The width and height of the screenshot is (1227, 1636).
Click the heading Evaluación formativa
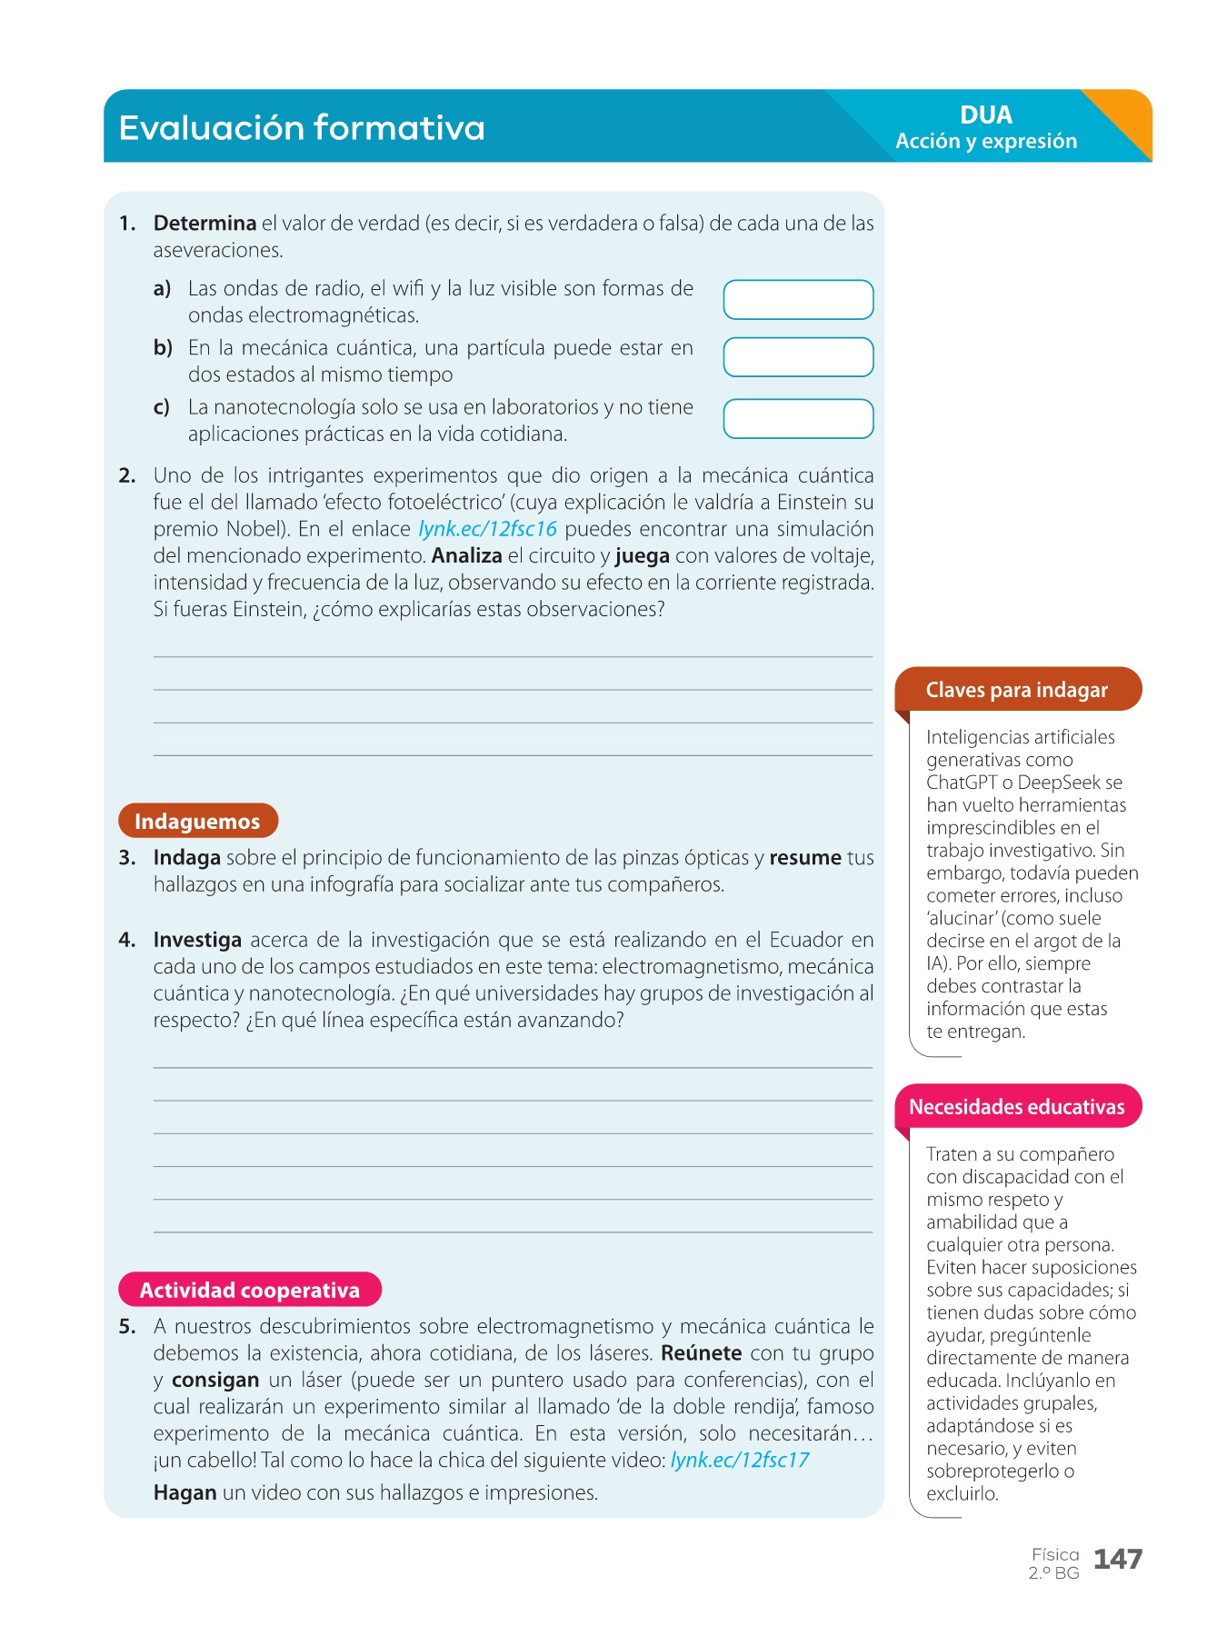pos(302,127)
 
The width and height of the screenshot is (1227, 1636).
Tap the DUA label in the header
pos(985,115)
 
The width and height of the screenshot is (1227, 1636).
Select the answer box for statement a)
pos(798,300)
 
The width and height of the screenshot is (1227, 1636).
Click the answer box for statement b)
pos(798,357)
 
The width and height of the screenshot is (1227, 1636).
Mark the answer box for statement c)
pos(798,419)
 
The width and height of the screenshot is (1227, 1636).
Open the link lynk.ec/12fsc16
pos(487,529)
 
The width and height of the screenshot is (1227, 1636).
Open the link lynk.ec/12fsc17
pos(740,1461)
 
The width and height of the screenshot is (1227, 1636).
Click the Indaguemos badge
pos(197,822)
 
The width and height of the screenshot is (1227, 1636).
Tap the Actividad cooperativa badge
pos(250,1290)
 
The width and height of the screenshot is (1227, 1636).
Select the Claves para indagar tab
pos(1017,690)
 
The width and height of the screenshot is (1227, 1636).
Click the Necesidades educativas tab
pos(1017,1107)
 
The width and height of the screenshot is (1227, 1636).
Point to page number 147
pos(1117,1560)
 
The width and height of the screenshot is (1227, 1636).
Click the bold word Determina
pos(204,224)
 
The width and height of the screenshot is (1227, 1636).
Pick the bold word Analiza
pos(467,556)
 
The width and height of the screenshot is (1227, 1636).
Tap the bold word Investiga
pos(197,940)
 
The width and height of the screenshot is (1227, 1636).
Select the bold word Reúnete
pos(701,1353)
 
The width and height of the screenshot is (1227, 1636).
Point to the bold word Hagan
pos(185,1492)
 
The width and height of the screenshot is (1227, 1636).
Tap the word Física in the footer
pos(1055,1555)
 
